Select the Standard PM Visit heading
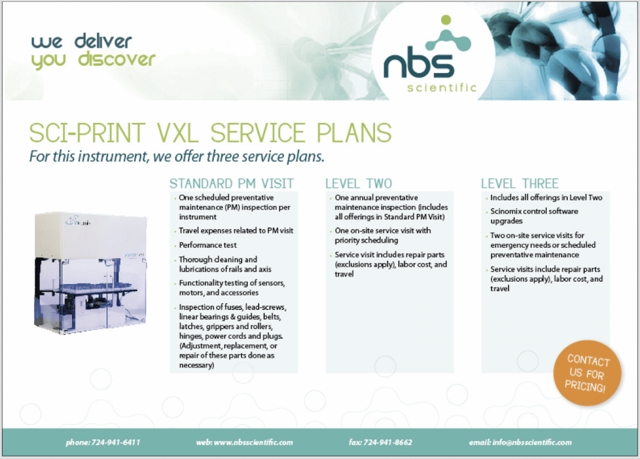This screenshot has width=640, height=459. pos(231,183)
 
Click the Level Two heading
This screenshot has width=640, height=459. pos(358,183)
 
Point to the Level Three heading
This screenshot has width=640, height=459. pos(519,183)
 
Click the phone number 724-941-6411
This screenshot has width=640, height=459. pos(116,442)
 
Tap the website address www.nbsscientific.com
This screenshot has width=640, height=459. pos(253,442)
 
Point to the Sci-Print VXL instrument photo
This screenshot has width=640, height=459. pos(90,272)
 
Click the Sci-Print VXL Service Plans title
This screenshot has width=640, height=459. pos(211,133)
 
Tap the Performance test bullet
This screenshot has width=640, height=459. pos(207,245)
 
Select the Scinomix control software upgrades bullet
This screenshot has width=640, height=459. pos(534,216)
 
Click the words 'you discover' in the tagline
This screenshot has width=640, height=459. pos(93,60)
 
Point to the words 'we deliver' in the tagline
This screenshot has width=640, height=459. pos(82,42)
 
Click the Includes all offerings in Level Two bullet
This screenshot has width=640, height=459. pos(546,197)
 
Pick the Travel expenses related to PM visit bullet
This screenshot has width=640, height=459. pos(236,230)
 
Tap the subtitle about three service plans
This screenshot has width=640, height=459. pos(177,156)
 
